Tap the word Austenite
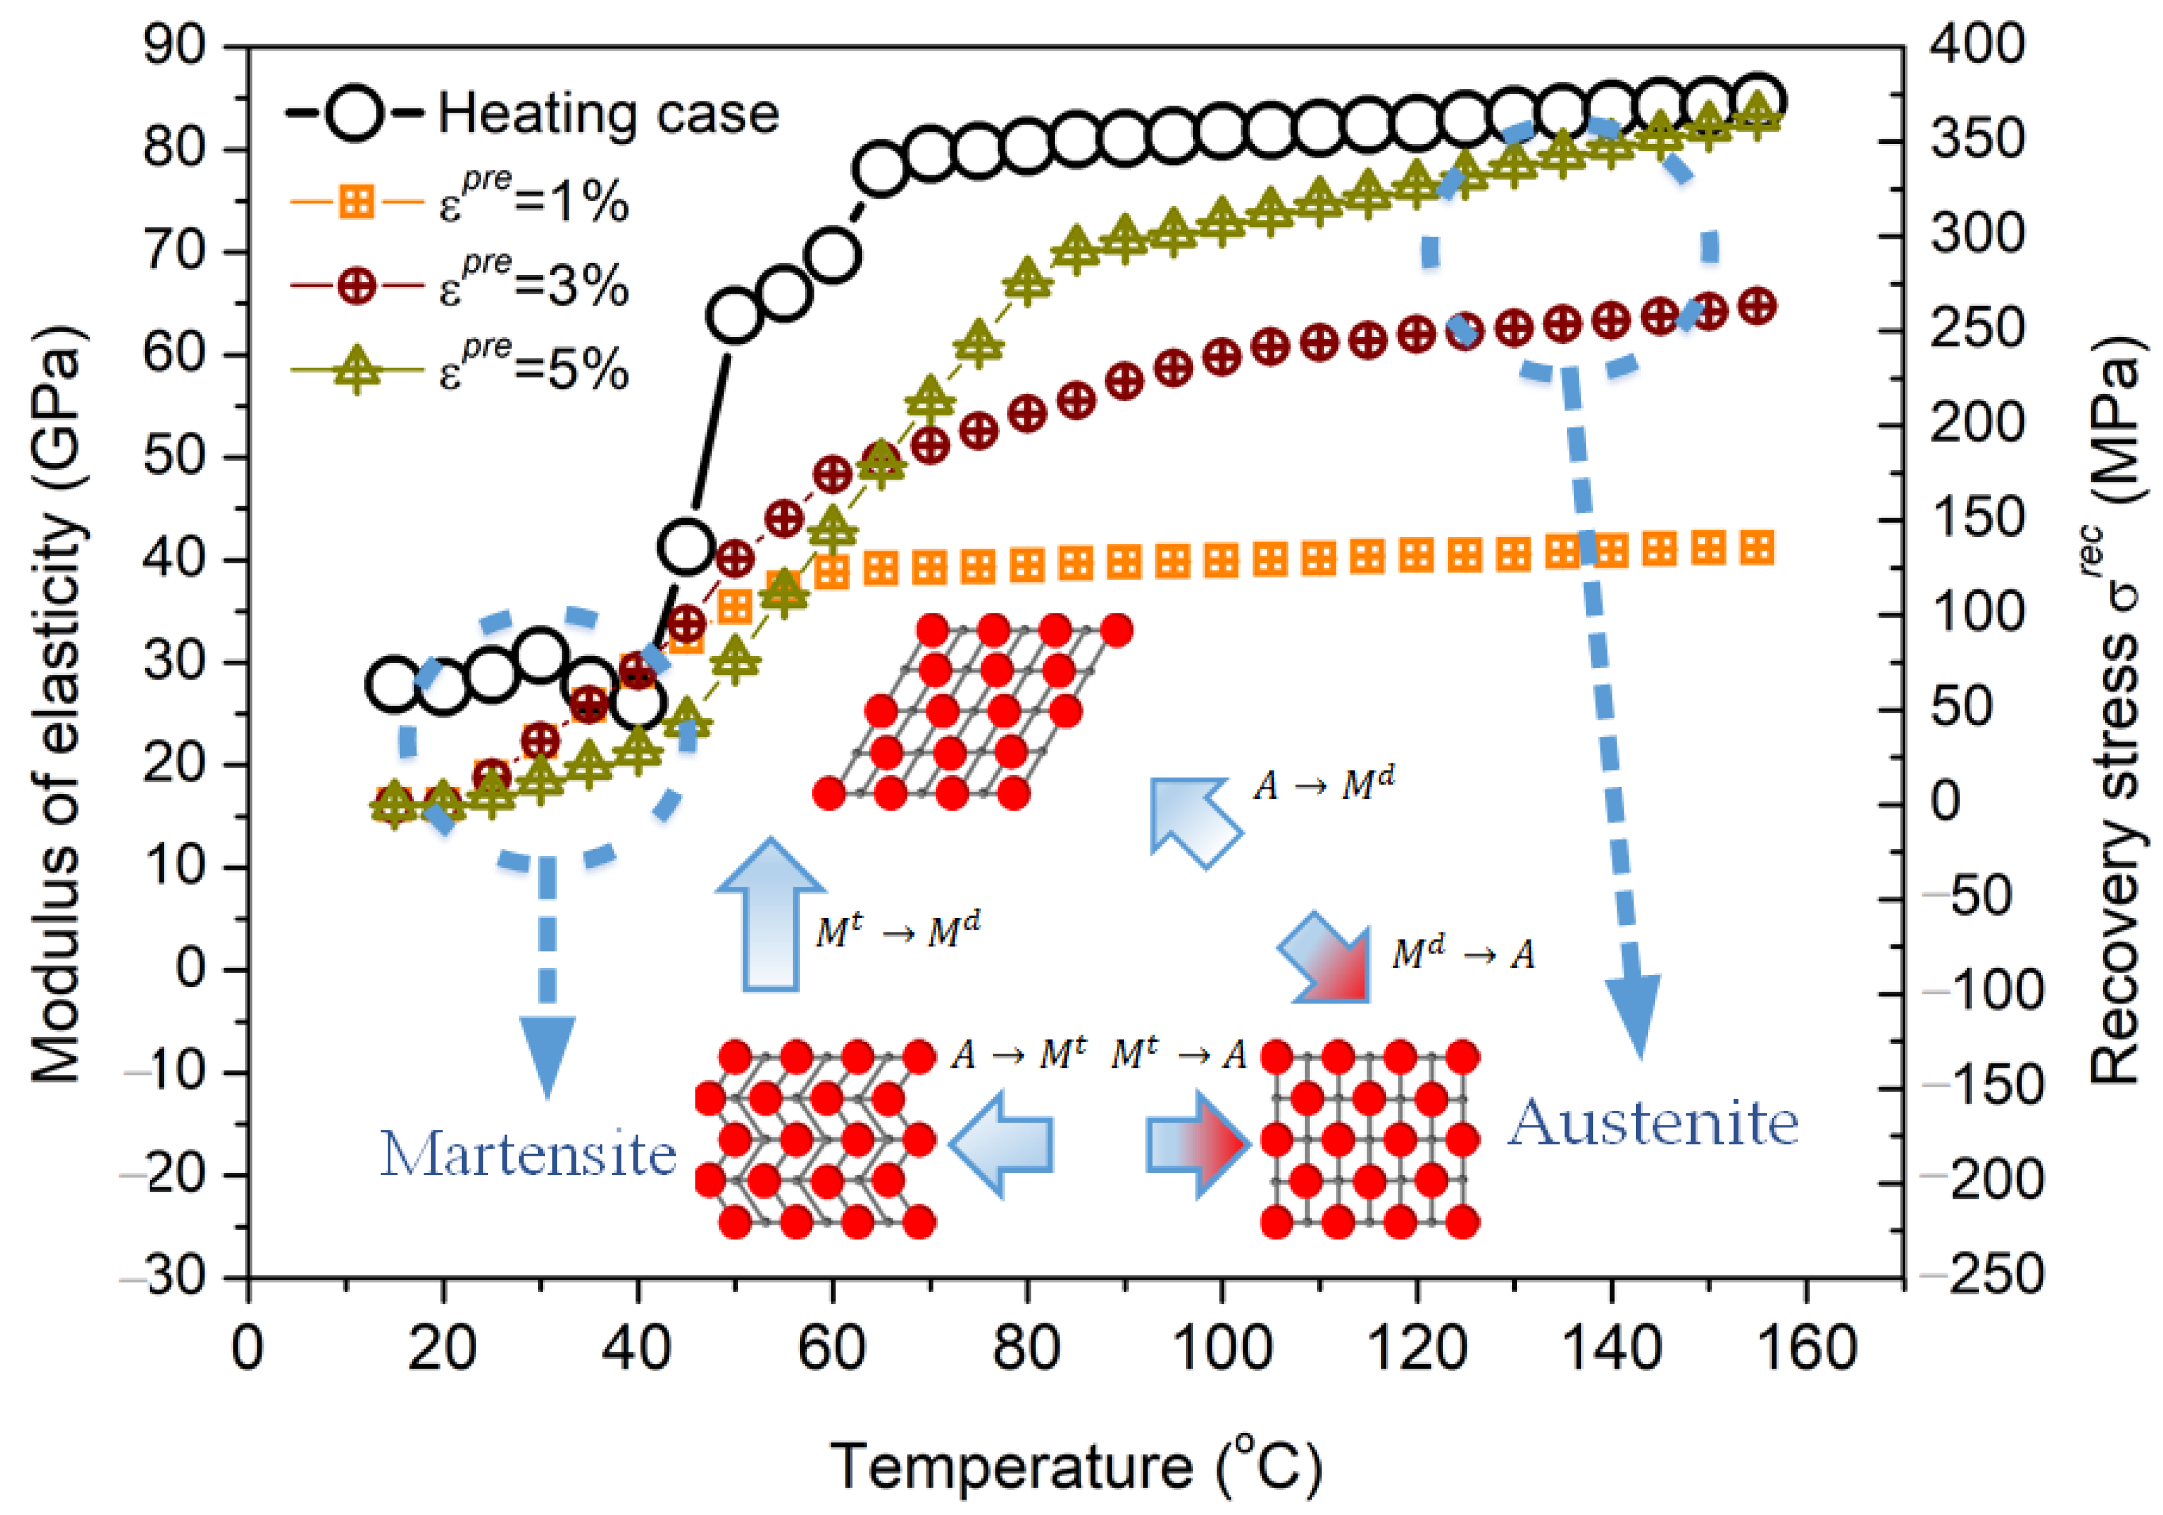click(x=1653, y=1123)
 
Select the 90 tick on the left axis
click(x=174, y=46)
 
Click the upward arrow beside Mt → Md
click(x=771, y=914)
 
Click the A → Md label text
click(x=1323, y=784)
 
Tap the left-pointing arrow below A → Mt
click(x=1001, y=1145)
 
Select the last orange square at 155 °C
click(x=1756, y=547)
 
